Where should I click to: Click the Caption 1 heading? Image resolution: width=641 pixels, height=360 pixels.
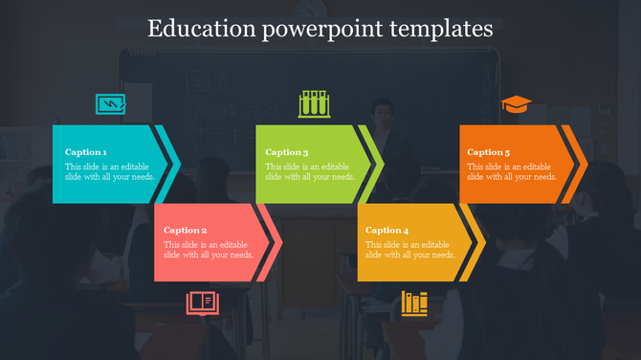pyautogui.click(x=86, y=152)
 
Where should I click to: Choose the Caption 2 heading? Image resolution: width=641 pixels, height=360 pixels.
pyautogui.click(x=186, y=230)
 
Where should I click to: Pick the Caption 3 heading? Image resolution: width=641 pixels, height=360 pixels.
pyautogui.click(x=287, y=152)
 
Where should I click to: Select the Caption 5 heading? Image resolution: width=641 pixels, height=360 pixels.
pyautogui.click(x=489, y=152)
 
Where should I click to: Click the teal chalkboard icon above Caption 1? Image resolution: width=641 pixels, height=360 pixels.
pyautogui.click(x=110, y=104)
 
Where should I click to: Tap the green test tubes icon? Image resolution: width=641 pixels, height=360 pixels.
pyautogui.click(x=314, y=104)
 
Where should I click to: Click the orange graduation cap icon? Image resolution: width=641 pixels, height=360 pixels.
pyautogui.click(x=516, y=104)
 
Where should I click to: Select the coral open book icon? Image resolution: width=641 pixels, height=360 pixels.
pyautogui.click(x=202, y=304)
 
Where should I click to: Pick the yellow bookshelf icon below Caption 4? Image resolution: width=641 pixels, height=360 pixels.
pyautogui.click(x=414, y=304)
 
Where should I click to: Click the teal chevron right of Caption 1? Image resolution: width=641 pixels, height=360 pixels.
pyautogui.click(x=172, y=165)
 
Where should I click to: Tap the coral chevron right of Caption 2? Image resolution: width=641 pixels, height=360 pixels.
pyautogui.click(x=274, y=242)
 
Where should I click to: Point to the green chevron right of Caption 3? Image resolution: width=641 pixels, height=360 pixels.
pyautogui.click(x=376, y=165)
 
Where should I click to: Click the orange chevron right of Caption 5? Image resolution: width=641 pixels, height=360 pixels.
pyautogui.click(x=579, y=165)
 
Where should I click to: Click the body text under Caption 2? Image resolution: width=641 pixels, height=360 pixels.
pyautogui.click(x=209, y=250)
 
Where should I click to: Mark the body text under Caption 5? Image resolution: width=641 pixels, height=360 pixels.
pyautogui.click(x=512, y=171)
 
